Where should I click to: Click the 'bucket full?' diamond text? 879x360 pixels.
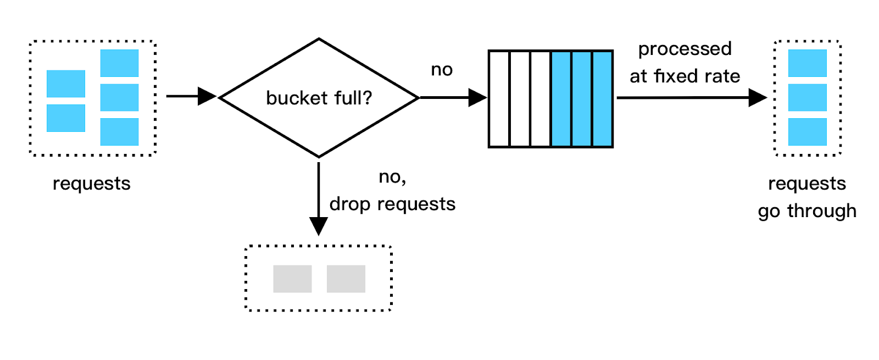point(319,98)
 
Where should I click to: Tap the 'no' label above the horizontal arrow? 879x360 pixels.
point(442,70)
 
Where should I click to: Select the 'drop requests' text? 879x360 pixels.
point(392,204)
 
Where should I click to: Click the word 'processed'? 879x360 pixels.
point(685,49)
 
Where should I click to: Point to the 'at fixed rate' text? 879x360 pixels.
point(685,76)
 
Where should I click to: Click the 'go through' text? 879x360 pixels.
point(806,211)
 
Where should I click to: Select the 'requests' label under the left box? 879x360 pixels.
point(91,183)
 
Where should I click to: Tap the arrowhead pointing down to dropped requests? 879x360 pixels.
point(319,225)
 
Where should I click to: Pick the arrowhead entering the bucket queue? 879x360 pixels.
point(477,98)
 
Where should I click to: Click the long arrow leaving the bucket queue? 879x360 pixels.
point(687,98)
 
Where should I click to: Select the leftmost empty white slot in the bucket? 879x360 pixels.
point(499,99)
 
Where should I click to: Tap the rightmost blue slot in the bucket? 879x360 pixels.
point(602,99)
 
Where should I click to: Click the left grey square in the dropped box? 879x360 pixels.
point(292,279)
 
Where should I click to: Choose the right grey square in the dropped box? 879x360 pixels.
point(346,279)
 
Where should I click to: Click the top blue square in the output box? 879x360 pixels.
point(807,63)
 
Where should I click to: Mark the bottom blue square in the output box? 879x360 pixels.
point(807,132)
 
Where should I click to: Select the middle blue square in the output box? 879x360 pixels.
point(807,97)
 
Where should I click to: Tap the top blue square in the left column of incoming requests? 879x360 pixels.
point(66,84)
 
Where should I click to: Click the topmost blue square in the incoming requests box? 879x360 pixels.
point(119,63)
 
